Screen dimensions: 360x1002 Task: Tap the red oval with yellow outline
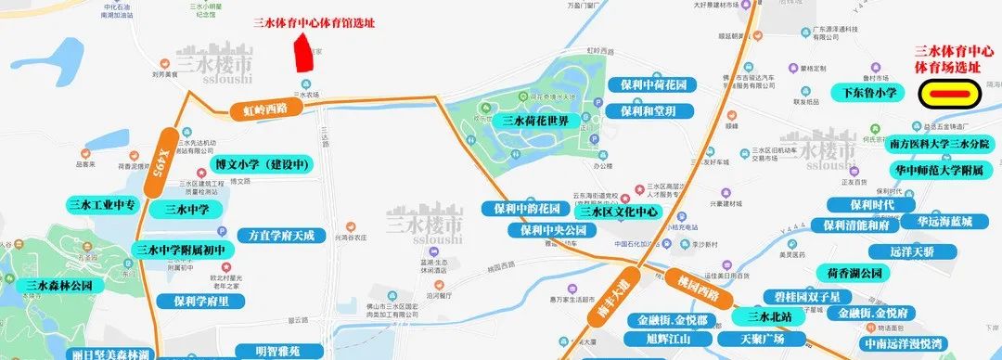pos(949,94)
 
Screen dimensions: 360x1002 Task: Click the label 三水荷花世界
pos(542,121)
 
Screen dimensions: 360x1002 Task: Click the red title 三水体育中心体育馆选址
pos(314,22)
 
